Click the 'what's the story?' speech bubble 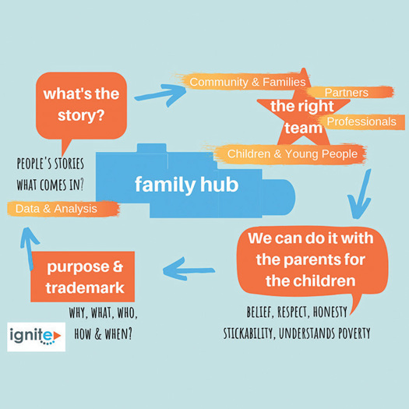(x=81, y=106)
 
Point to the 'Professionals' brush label (x=361, y=122)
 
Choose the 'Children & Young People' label (x=290, y=154)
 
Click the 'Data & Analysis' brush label (x=63, y=209)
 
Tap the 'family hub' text (x=186, y=185)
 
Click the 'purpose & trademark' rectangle (x=83, y=277)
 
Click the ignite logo (x=37, y=337)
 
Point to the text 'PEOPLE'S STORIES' (x=51, y=164)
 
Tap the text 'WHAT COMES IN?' (x=51, y=185)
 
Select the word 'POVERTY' (x=354, y=333)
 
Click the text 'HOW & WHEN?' (x=104, y=333)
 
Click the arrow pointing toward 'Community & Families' (x=160, y=95)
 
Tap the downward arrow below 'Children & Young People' (x=361, y=194)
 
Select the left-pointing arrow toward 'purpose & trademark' (x=189, y=270)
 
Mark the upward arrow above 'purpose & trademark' (x=29, y=249)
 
